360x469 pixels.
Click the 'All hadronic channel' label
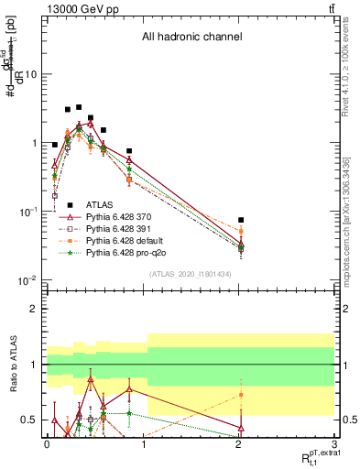[191, 38]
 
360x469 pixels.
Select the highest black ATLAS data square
[79, 107]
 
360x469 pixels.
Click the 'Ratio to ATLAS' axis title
[12, 364]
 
